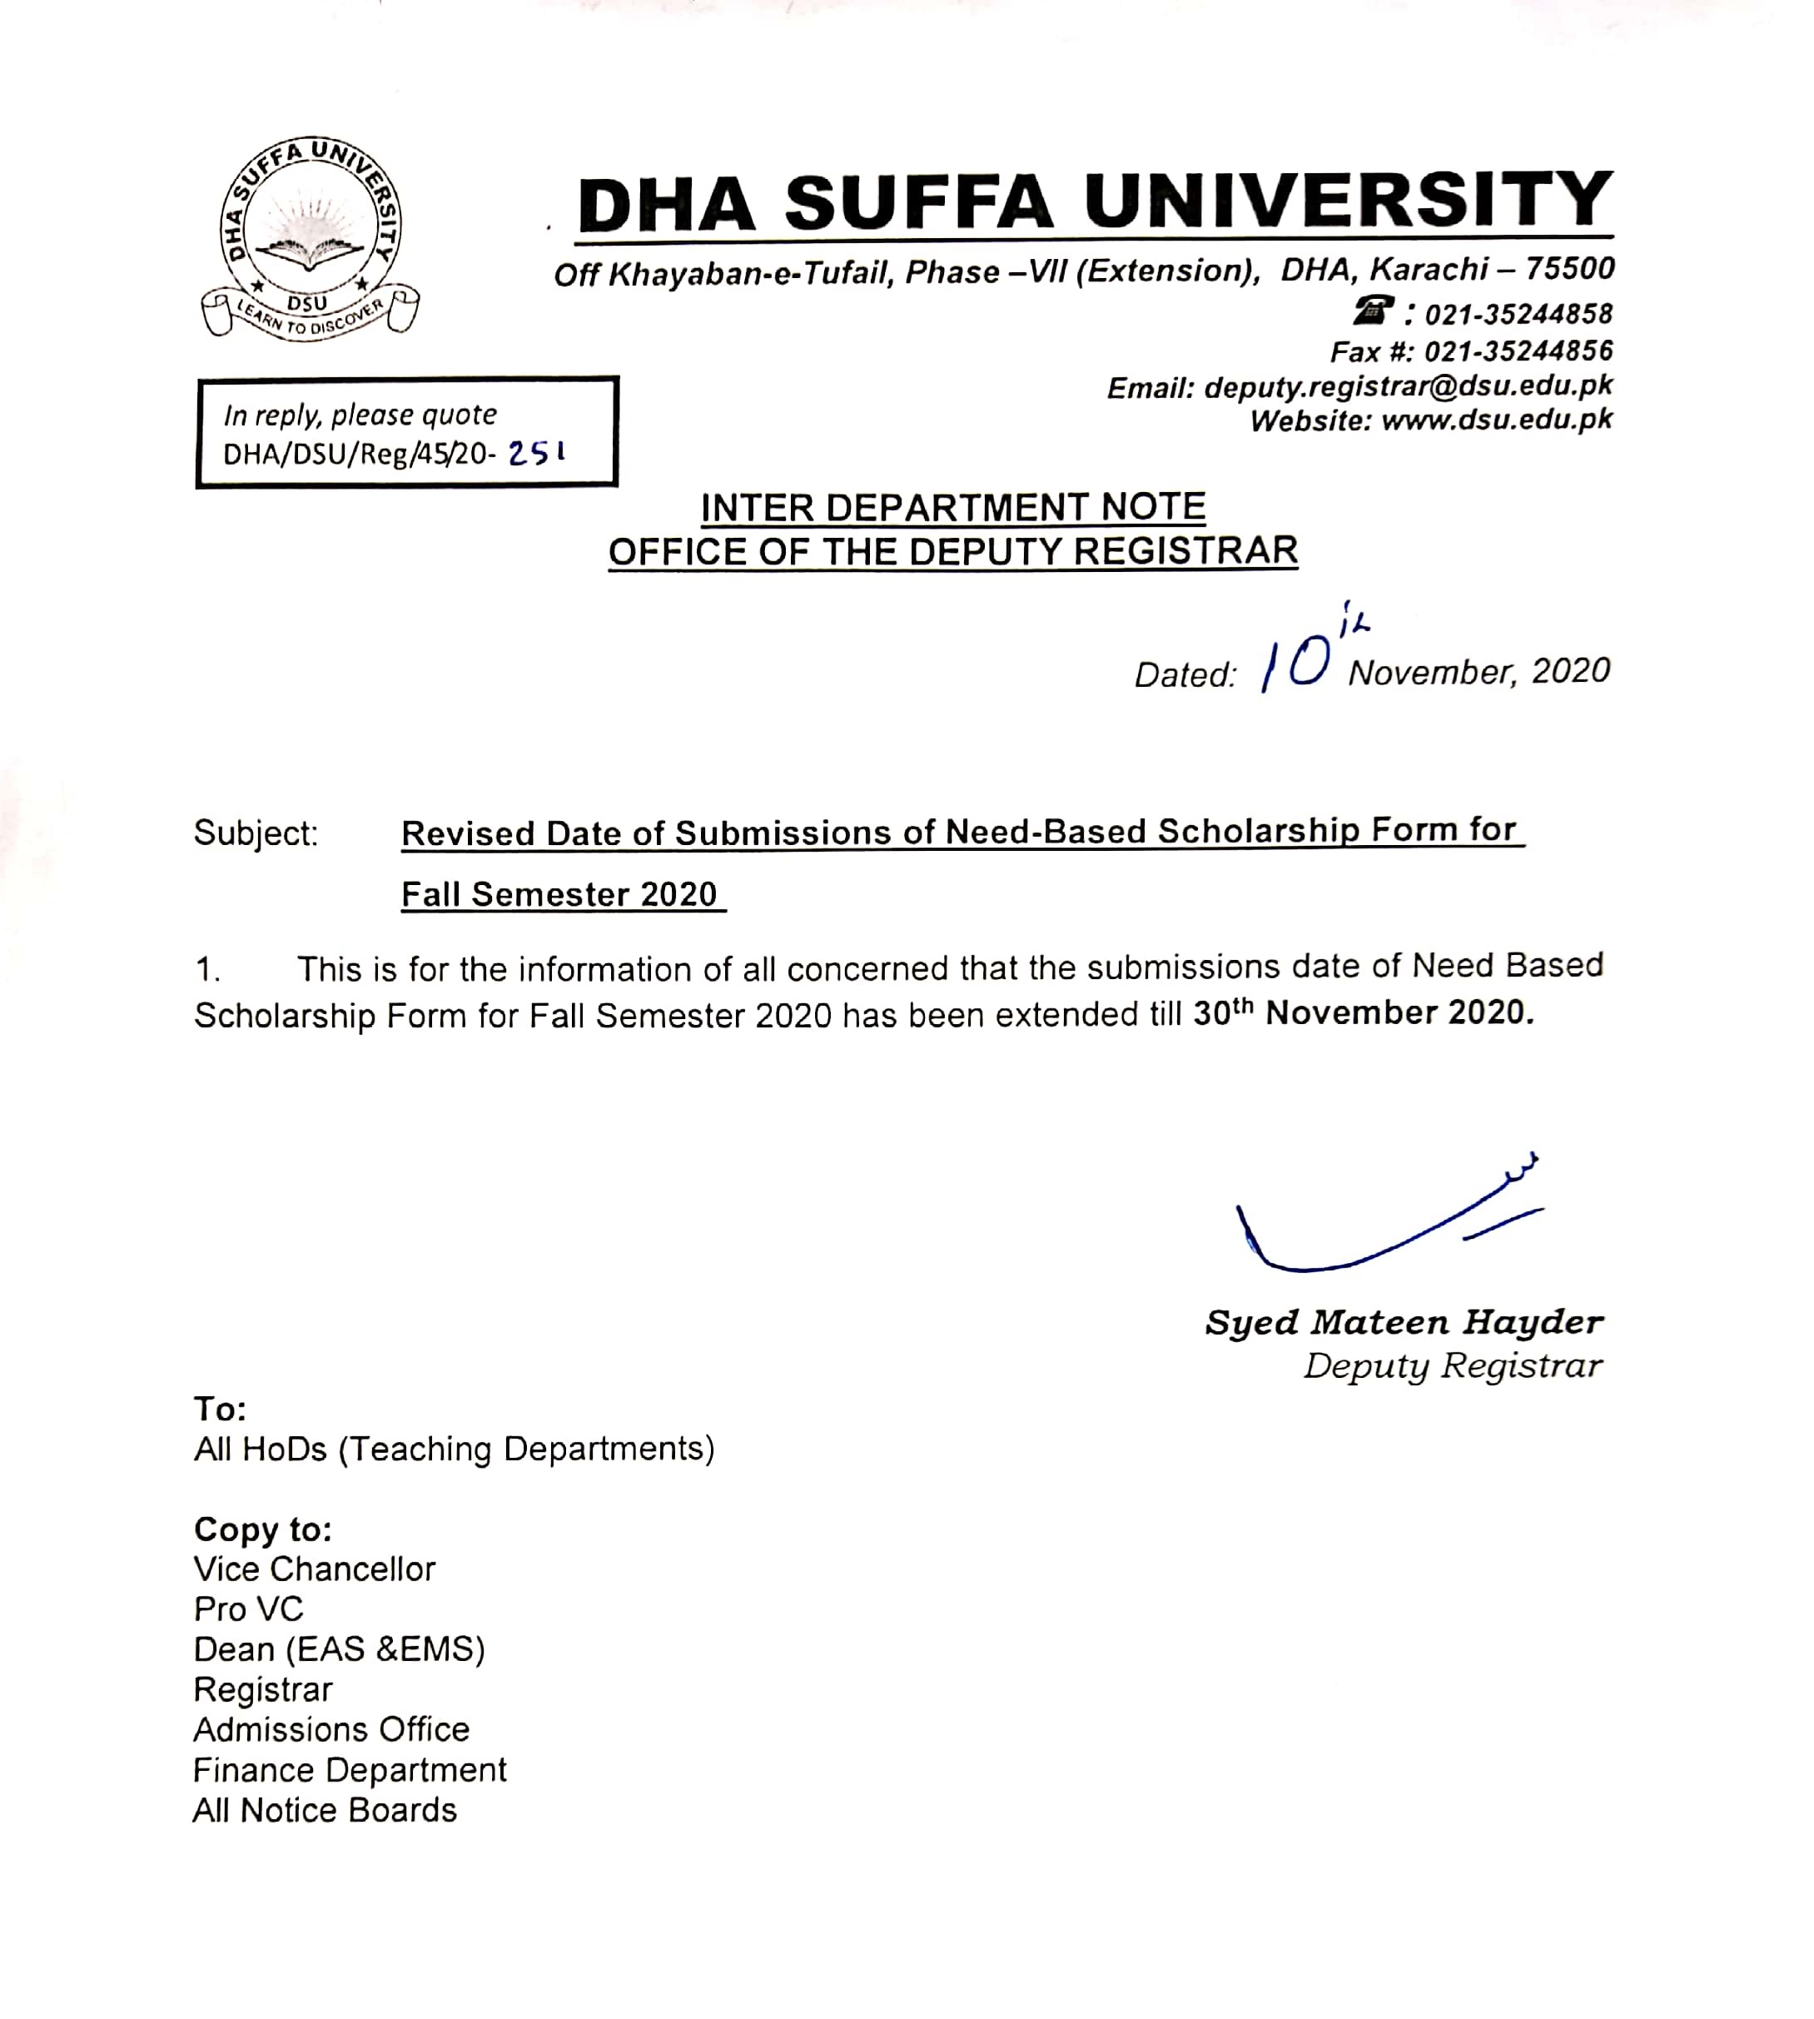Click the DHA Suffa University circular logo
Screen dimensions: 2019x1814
tap(310, 239)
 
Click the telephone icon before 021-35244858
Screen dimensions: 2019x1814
tap(1373, 313)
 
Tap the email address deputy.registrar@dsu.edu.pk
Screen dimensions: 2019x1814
tap(1408, 386)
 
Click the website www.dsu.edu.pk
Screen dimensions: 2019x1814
tap(1496, 420)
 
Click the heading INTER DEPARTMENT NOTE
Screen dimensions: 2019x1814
tap(953, 508)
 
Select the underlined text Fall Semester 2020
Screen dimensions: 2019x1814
tap(559, 894)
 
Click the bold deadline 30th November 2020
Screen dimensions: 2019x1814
tap(1363, 1012)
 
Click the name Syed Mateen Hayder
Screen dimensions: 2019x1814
tap(1404, 1322)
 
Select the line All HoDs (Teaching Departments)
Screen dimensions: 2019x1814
tap(455, 1449)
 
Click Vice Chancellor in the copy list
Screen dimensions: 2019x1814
tap(315, 1569)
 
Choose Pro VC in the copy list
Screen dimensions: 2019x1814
tap(248, 1609)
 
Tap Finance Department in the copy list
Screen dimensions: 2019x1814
tap(350, 1770)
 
